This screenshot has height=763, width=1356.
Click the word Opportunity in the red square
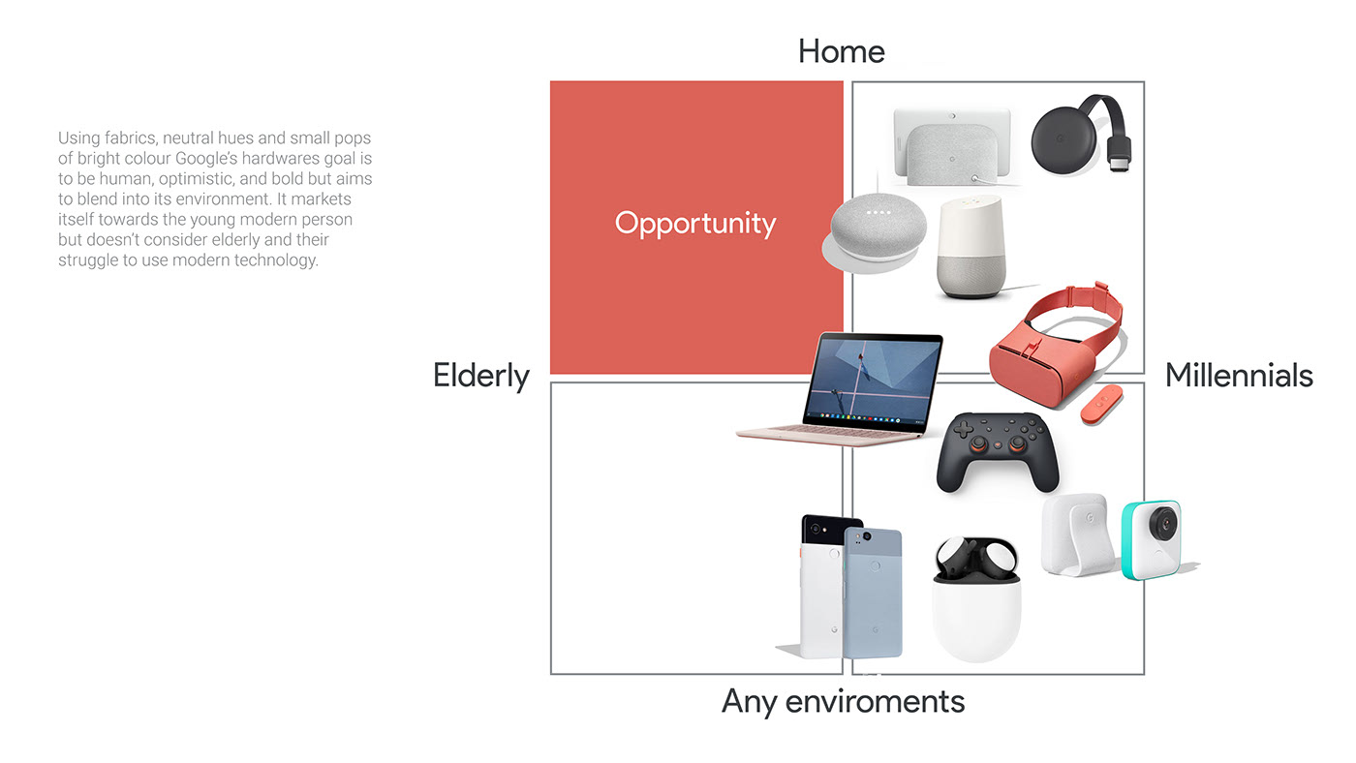[x=695, y=224]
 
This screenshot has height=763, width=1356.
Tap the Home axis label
[x=841, y=51]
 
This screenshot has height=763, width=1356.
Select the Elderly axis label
[x=481, y=376]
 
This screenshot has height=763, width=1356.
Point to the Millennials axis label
[x=1239, y=376]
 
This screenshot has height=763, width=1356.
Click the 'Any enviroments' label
[x=843, y=701]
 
